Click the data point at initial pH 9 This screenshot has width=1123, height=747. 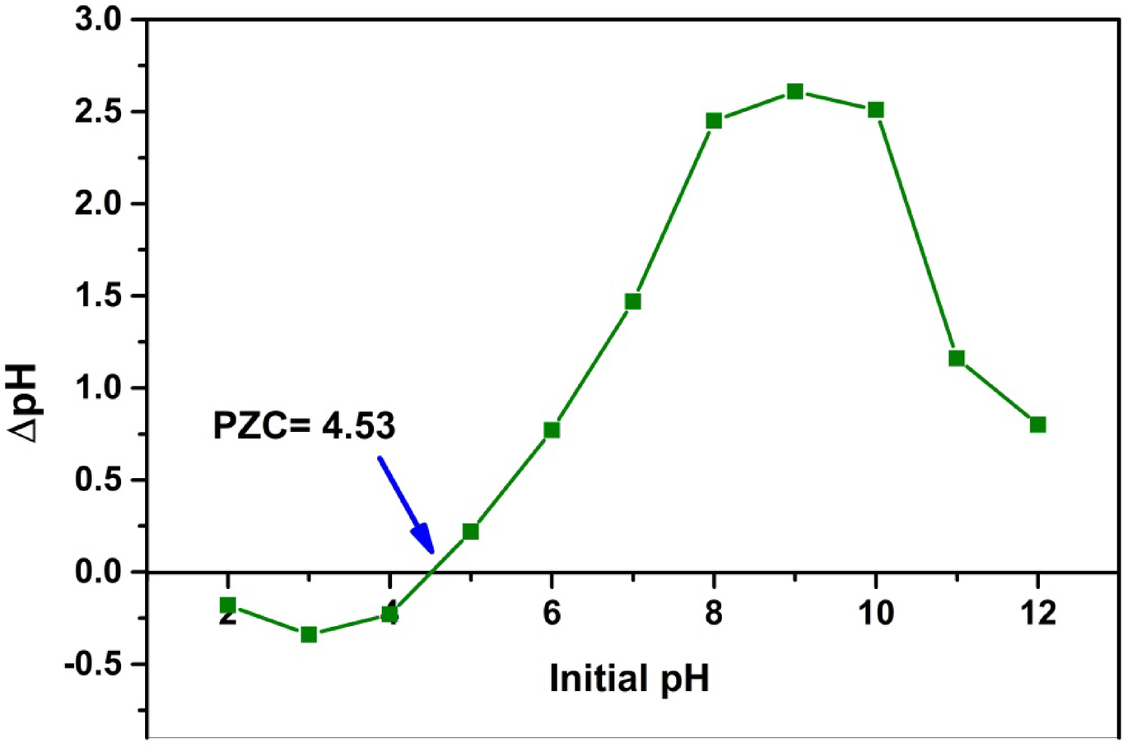click(x=794, y=91)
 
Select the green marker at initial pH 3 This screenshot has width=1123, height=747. click(x=309, y=634)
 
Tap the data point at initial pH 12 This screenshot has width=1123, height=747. click(x=1037, y=425)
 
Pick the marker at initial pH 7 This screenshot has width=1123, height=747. click(x=632, y=302)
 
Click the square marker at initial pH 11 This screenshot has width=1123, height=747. click(x=957, y=358)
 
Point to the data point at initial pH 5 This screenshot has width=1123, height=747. click(x=470, y=531)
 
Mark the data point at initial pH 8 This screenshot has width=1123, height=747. click(x=714, y=121)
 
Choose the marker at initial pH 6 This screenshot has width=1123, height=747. click(x=552, y=429)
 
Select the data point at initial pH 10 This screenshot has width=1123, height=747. click(x=876, y=110)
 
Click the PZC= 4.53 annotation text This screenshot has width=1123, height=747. click(x=304, y=426)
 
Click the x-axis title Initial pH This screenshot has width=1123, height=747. click(x=629, y=680)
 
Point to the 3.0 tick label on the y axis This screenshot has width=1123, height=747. click(x=98, y=20)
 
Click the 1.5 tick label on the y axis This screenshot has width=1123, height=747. click(x=98, y=296)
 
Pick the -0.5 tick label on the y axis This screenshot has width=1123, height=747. click(x=91, y=664)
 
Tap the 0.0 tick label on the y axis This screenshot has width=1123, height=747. click(x=98, y=572)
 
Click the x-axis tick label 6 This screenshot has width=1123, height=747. click(x=552, y=613)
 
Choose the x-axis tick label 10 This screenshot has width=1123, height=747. click(x=876, y=613)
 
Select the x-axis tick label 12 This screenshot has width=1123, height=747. click(x=1037, y=613)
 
